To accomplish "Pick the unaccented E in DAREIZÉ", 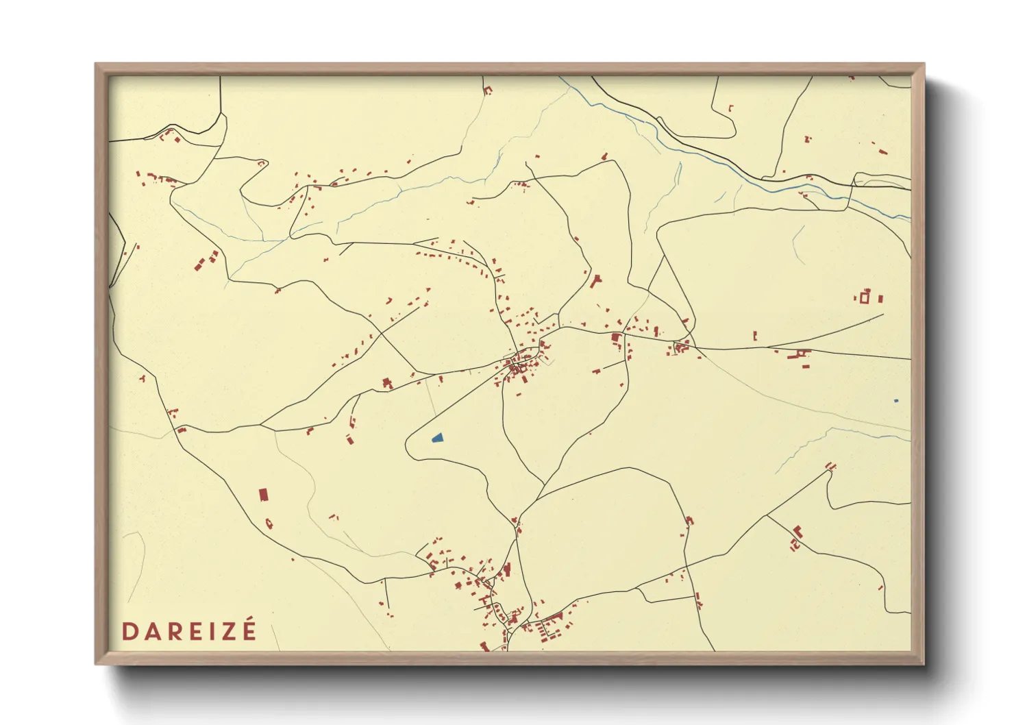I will point(195,631).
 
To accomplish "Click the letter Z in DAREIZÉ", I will point(227,631).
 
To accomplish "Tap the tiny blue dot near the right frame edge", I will point(895,400).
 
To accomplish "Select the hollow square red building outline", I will point(865,297).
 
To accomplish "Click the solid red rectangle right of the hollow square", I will point(880,299).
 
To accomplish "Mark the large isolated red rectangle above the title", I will point(263,494).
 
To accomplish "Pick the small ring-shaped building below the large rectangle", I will point(269,524).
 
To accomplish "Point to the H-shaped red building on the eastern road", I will point(799,355).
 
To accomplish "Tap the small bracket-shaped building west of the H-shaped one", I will point(755,336).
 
